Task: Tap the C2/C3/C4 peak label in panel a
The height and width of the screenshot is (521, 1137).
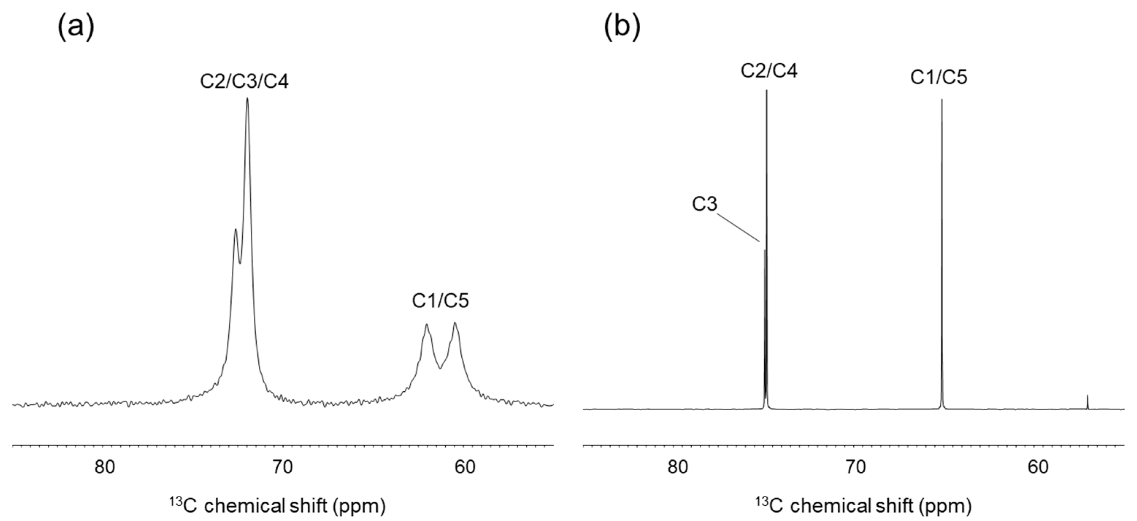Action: (x=244, y=82)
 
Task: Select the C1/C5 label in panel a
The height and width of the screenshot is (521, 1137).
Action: (x=440, y=301)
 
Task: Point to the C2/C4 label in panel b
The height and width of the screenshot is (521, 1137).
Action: (x=769, y=71)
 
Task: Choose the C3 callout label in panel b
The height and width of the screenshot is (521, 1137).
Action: (x=704, y=204)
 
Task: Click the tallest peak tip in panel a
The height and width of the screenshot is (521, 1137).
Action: (x=247, y=99)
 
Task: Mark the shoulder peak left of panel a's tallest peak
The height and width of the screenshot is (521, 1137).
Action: (x=235, y=229)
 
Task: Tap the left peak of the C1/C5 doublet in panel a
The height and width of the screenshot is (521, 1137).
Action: (x=426, y=325)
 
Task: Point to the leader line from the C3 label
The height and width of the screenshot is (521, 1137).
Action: (x=738, y=228)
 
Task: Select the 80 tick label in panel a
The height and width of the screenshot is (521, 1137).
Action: (x=105, y=467)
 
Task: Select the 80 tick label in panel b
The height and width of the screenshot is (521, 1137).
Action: (x=677, y=467)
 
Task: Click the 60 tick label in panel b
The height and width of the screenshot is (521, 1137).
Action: (x=1038, y=467)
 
